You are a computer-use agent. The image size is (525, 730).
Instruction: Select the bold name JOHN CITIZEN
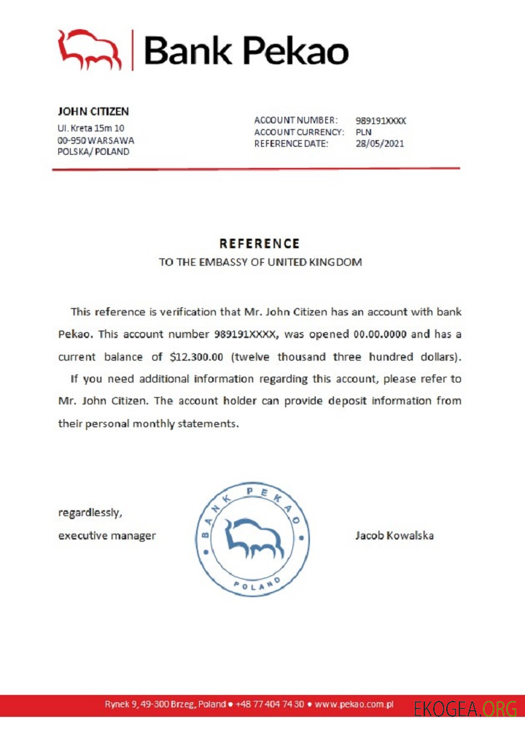[x=93, y=112]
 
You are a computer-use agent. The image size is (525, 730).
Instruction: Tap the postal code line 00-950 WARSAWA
[x=96, y=139]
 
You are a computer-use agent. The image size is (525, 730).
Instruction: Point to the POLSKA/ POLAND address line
[x=93, y=152]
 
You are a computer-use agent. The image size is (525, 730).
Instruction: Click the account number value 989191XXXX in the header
[x=381, y=120]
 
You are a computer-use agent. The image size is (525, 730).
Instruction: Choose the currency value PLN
[x=364, y=132]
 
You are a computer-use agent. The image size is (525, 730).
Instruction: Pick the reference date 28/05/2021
[x=380, y=144]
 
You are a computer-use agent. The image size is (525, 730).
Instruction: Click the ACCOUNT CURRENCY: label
[x=299, y=132]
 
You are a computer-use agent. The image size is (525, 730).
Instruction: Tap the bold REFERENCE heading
[x=260, y=244]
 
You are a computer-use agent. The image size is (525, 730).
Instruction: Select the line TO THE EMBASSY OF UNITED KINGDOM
[x=260, y=262]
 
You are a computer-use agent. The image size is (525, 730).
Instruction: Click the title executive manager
[x=107, y=535]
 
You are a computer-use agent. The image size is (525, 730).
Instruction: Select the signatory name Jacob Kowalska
[x=394, y=535]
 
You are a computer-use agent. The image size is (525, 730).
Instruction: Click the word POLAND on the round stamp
[x=257, y=585]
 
